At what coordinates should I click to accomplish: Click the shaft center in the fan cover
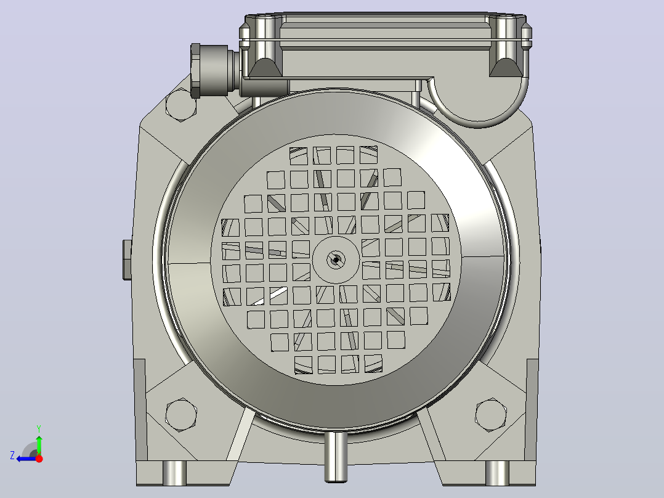coord(336,259)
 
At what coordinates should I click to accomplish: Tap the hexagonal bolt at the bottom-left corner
coord(181,415)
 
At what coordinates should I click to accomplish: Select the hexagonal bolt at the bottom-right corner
coord(491,415)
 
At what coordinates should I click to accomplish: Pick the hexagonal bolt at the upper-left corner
coord(181,105)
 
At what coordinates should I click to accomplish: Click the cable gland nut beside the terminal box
coord(195,70)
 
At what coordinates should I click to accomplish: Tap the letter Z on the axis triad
coord(12,455)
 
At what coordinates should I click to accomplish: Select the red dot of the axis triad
coord(39,459)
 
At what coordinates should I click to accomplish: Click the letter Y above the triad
coord(39,428)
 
